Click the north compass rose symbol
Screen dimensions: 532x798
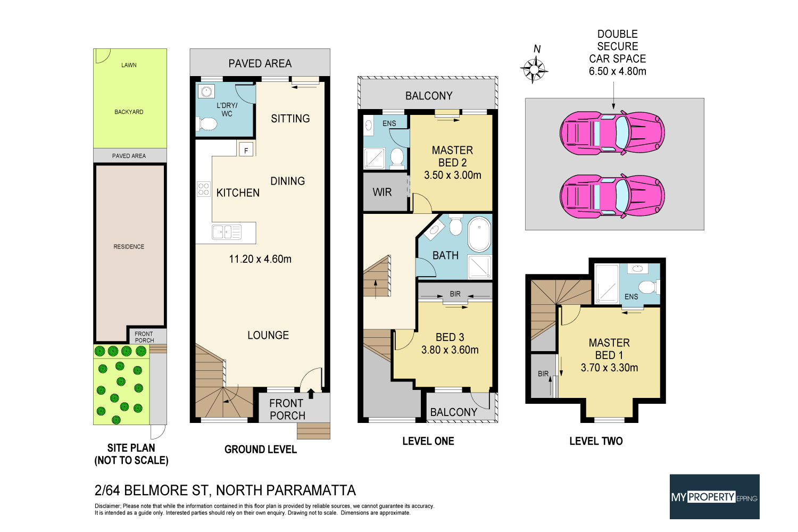point(534,69)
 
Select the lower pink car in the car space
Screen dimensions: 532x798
point(612,196)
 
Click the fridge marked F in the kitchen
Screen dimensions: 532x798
point(246,151)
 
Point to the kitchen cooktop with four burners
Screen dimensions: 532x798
point(203,189)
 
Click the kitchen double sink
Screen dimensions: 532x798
point(226,232)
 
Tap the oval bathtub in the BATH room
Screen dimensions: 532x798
point(479,234)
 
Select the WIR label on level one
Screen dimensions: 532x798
point(382,192)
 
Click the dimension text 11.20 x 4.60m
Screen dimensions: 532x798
point(260,259)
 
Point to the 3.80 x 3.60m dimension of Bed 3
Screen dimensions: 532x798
point(450,350)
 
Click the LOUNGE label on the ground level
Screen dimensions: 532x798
point(268,335)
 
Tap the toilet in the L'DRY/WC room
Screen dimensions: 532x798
point(208,124)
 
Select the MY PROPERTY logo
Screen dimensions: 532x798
point(714,497)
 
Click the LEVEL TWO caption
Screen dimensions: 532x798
point(596,441)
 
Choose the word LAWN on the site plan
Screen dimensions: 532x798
point(129,65)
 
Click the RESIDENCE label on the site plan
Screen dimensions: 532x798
point(129,247)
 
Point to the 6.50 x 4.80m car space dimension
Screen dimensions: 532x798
point(617,71)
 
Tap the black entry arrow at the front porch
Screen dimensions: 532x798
point(311,394)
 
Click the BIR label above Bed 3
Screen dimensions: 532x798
point(455,294)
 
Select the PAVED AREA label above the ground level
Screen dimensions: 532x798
point(260,63)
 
